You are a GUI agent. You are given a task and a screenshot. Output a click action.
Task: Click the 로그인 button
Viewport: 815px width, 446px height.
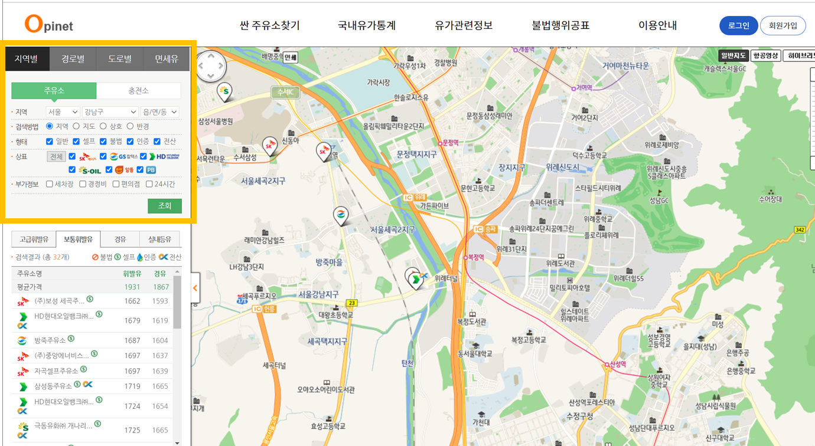(x=738, y=25)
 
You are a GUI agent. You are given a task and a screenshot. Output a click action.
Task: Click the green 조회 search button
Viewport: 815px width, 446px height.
(x=165, y=205)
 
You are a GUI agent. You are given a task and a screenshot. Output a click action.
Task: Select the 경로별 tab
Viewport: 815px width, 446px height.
(x=73, y=59)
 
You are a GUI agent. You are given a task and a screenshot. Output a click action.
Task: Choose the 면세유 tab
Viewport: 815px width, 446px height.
(x=167, y=59)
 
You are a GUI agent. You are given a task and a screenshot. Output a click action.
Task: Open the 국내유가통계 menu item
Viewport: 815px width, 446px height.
(x=367, y=25)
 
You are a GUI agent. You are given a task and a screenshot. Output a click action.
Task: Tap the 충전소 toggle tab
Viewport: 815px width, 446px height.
(x=139, y=91)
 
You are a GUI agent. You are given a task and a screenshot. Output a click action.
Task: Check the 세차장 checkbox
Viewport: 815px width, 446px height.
(x=50, y=184)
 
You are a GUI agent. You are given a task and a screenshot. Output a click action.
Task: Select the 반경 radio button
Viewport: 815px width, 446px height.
(x=131, y=126)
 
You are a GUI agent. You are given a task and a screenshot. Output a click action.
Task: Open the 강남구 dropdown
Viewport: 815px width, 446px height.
(x=110, y=112)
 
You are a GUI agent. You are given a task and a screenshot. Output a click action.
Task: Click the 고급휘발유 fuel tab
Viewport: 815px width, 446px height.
(x=34, y=239)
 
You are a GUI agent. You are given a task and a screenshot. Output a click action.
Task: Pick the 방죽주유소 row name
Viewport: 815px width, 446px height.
(x=50, y=340)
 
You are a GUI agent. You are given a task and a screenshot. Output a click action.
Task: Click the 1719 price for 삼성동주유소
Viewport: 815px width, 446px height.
(x=132, y=386)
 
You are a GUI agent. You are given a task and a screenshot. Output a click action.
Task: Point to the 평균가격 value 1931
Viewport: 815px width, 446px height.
(x=132, y=287)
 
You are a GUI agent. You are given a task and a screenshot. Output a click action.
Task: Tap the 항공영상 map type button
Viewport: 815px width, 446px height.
(x=765, y=56)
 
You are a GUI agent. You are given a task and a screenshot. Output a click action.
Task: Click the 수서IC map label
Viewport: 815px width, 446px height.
(x=286, y=93)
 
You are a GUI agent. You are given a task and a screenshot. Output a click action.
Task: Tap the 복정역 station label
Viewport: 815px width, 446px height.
(x=475, y=257)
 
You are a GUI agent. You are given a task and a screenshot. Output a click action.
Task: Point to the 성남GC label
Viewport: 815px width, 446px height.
(x=659, y=201)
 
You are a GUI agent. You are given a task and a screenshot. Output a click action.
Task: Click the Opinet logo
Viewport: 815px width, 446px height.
(x=48, y=24)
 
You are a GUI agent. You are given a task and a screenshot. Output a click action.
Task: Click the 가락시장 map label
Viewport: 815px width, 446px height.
(x=379, y=83)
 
